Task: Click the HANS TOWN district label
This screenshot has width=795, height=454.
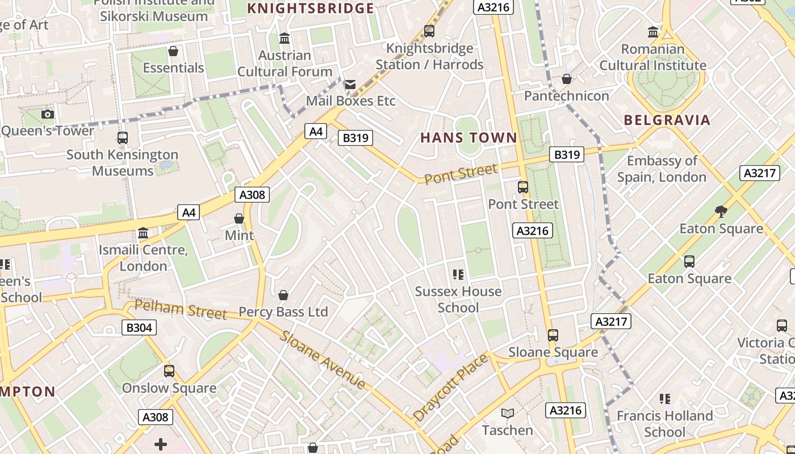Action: point(468,138)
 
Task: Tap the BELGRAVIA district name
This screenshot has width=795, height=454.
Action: point(667,120)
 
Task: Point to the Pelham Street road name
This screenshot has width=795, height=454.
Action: point(181,310)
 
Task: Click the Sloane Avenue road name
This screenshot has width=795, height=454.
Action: point(323,359)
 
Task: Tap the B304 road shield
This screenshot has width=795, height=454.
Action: point(139,327)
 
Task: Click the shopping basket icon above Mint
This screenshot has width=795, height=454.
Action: point(239,218)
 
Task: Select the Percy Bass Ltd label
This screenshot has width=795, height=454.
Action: point(283,312)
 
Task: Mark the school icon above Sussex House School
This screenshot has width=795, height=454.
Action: point(458,275)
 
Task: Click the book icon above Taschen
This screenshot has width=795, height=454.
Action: point(508,414)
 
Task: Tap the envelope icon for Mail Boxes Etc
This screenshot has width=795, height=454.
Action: point(350,85)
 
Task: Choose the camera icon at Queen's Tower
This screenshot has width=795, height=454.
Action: point(48,115)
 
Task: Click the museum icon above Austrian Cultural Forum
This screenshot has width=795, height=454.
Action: point(284,39)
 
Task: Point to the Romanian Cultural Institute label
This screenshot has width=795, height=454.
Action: point(653,57)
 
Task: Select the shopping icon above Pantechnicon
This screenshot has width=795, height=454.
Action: point(566,79)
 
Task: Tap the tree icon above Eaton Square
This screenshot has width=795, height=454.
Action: point(721,212)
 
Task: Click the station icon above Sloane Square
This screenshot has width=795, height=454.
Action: point(553,335)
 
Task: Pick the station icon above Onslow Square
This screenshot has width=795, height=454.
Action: point(169,371)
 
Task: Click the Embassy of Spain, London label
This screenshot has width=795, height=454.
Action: point(662,169)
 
